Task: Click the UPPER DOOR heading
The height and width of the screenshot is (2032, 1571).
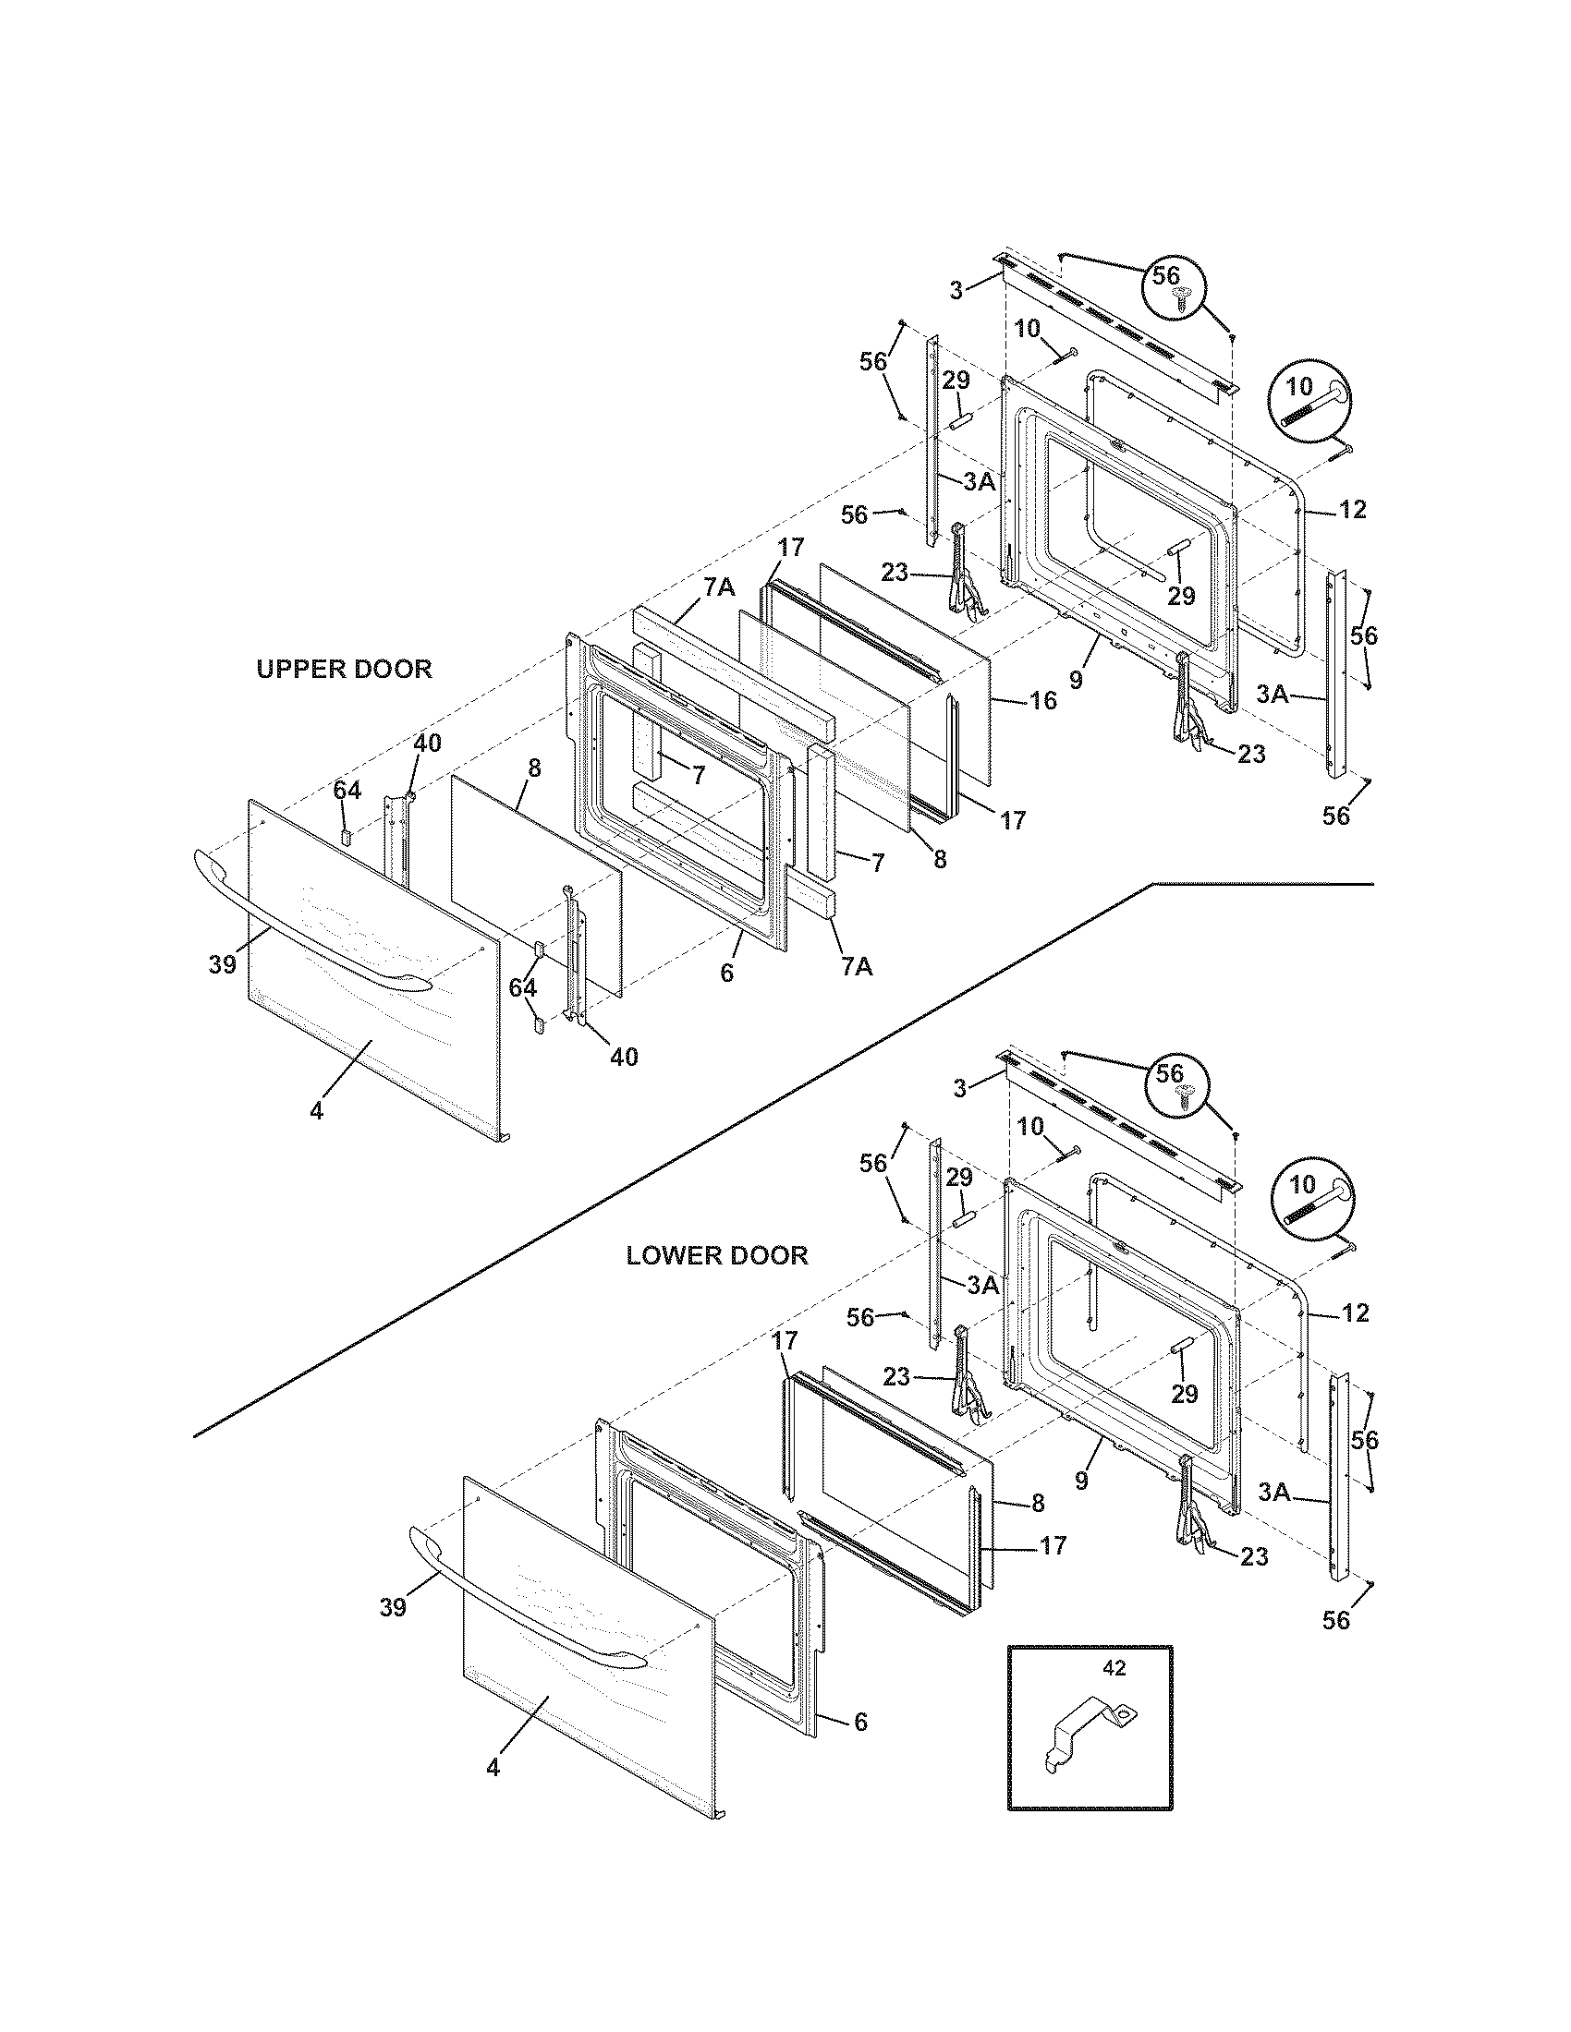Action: click(x=345, y=669)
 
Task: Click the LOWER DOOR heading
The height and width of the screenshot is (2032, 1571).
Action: click(x=716, y=1255)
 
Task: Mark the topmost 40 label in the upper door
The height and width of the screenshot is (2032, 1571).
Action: click(x=427, y=743)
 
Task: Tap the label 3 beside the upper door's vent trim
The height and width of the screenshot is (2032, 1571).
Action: click(x=956, y=290)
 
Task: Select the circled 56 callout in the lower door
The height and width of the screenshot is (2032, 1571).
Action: click(x=1177, y=1083)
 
